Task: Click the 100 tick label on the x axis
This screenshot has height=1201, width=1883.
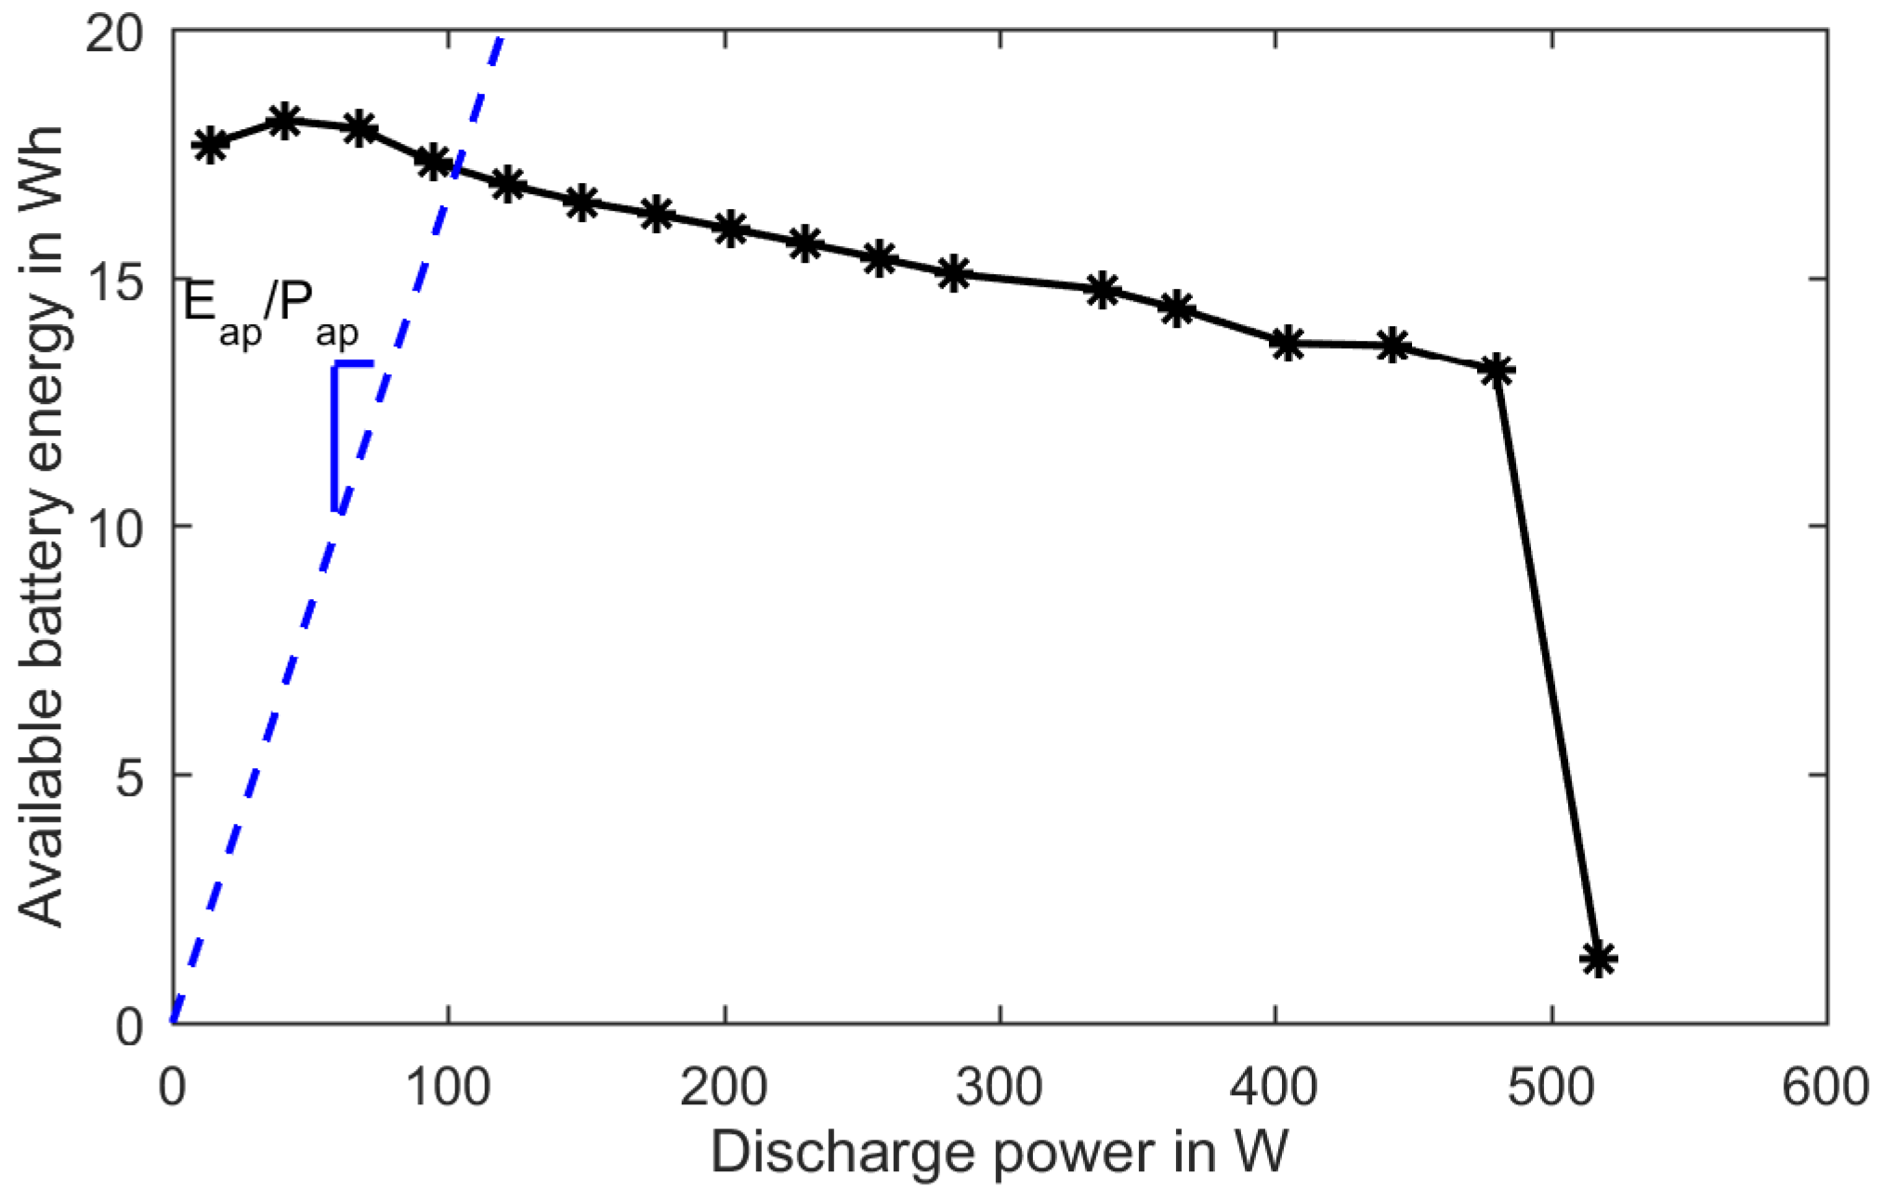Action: pos(449,1088)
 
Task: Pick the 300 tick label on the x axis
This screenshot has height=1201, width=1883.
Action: pos(1000,1088)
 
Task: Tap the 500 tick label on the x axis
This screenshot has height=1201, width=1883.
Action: pos(1551,1088)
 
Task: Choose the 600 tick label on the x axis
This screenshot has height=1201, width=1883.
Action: pos(1824,1088)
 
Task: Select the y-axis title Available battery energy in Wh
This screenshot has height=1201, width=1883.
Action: pos(42,527)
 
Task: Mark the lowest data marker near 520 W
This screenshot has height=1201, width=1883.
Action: pos(1599,958)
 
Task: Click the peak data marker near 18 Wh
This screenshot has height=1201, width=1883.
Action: pos(283,121)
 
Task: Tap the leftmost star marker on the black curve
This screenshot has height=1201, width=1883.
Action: pos(210,145)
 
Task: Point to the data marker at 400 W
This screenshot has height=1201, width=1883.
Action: pos(1287,344)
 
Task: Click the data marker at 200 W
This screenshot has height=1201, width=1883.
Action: pos(731,228)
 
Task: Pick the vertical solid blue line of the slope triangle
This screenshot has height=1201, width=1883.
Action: pos(333,437)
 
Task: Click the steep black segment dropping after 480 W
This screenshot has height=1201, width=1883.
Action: pos(1547,664)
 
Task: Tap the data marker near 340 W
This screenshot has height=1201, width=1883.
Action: pos(1103,291)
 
